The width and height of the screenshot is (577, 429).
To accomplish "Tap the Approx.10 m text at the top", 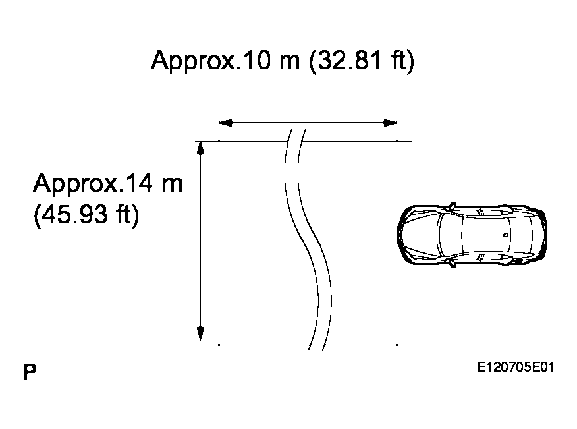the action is [225, 60].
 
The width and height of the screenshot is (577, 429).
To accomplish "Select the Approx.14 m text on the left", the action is [108, 183].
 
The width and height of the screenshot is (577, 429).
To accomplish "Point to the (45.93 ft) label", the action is [86, 214].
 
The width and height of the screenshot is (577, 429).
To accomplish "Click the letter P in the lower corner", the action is [30, 372].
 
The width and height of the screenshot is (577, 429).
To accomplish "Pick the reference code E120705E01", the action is [516, 367].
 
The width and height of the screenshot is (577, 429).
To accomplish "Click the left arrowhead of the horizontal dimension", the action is [225, 123].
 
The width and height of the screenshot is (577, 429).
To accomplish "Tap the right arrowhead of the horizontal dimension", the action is [390, 123].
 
